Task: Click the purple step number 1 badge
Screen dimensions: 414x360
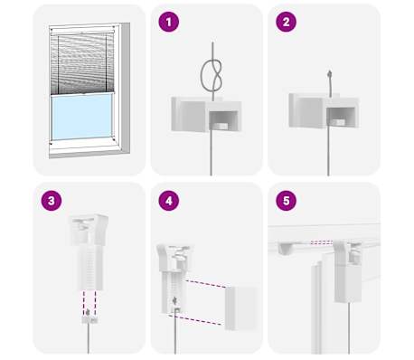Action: click(169, 22)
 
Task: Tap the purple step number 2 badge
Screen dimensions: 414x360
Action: click(287, 22)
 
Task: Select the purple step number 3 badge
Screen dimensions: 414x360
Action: click(52, 201)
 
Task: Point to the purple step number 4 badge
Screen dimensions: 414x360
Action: click(169, 201)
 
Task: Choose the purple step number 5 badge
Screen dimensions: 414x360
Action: click(287, 201)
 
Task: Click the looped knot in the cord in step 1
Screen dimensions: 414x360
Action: click(212, 75)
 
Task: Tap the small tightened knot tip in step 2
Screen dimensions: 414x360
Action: click(330, 73)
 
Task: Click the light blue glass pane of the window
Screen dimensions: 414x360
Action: click(81, 117)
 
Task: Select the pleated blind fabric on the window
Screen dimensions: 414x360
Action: click(82, 64)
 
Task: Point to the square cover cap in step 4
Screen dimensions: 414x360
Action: click(240, 308)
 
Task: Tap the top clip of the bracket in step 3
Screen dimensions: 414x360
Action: click(88, 229)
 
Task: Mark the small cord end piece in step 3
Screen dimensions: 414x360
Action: click(89, 319)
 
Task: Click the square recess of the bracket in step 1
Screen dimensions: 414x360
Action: click(222, 120)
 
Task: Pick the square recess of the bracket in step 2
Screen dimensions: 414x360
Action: click(340, 118)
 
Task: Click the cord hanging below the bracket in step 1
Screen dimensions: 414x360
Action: click(211, 152)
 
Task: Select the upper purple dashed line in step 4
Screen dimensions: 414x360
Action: click(206, 284)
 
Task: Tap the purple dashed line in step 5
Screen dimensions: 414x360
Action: click(322, 242)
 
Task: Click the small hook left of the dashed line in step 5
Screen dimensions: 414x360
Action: click(287, 247)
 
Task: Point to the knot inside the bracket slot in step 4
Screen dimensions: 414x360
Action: click(174, 300)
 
